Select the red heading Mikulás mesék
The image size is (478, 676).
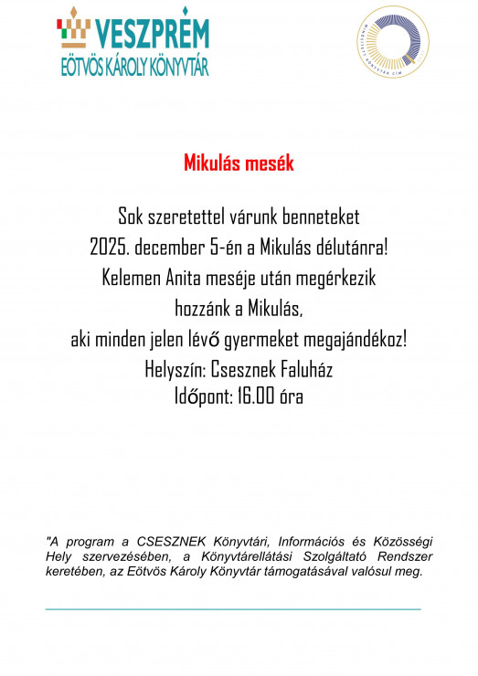tap(239, 164)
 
